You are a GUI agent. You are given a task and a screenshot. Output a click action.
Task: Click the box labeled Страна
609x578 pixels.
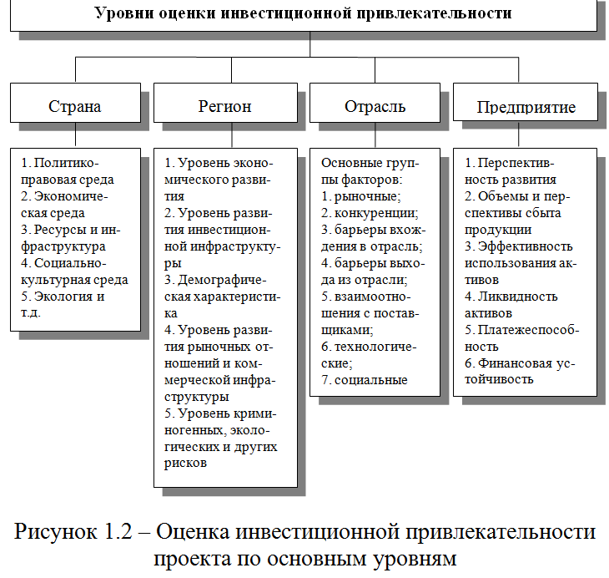coord(75,106)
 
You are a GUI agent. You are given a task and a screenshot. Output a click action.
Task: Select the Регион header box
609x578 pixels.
coord(225,106)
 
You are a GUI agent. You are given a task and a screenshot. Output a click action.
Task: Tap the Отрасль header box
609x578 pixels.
coord(375,106)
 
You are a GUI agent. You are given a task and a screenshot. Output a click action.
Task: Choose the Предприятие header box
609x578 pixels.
coord(526,107)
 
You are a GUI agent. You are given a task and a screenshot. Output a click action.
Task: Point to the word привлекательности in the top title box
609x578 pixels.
coord(433,13)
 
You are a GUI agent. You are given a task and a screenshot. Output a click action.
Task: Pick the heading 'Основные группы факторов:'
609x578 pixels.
coord(371,170)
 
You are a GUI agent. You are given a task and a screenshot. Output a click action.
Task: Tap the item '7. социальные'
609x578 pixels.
coord(365,379)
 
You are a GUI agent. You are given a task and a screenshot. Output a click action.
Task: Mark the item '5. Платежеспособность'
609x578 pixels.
coord(521,337)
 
